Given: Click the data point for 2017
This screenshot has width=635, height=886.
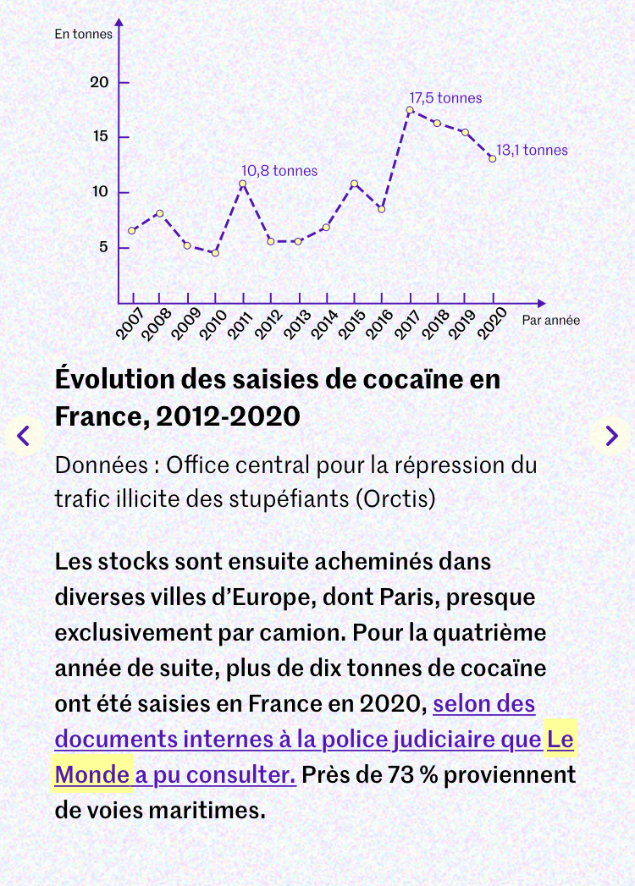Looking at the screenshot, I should coord(410,110).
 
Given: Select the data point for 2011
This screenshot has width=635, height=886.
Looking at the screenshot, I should coord(243,184).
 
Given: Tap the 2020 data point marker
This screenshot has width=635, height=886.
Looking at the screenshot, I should coord(493,158).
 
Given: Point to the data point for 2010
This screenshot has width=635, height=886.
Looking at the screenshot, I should coord(215,253).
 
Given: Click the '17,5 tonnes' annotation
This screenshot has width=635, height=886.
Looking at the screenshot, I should coord(445,98).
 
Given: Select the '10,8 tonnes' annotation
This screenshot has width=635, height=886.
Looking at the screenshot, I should coord(279,171).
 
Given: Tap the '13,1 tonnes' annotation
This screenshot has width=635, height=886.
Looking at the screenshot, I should coord(532,151).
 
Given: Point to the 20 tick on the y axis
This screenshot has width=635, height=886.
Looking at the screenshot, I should coord(100,82).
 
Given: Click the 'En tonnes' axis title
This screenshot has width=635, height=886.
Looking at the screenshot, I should coord(83,35).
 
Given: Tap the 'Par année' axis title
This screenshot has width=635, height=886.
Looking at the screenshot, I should coord(550,321).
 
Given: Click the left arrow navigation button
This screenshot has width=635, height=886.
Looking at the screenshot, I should coord(24,436).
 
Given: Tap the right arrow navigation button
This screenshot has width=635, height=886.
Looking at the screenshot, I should coord(611,436).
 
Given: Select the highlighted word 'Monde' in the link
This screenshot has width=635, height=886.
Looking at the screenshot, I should coord(92,774).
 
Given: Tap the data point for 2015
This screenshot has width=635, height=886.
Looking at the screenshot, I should coord(354,184).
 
